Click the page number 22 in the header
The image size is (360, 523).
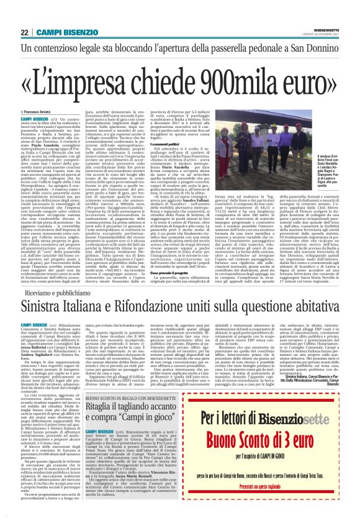25,32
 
